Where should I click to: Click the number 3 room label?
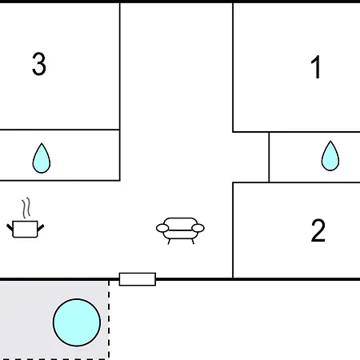pyautogui.click(x=39, y=64)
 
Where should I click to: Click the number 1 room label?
pyautogui.click(x=316, y=67)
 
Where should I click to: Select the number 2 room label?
pyautogui.click(x=318, y=230)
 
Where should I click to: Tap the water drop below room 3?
pyautogui.click(x=42, y=158)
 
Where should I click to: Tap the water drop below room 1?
pyautogui.click(x=330, y=156)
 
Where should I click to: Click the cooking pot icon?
pyautogui.click(x=25, y=229)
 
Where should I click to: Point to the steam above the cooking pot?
pyautogui.click(x=26, y=208)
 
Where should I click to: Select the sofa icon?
pyautogui.click(x=180, y=230)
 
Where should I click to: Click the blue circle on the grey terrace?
pyautogui.click(x=77, y=322)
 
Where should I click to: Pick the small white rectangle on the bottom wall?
pyautogui.click(x=138, y=279)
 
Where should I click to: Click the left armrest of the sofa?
pyautogui.click(x=162, y=228)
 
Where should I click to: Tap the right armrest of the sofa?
pyautogui.click(x=198, y=228)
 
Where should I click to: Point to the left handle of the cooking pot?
pyautogui.click(x=10, y=228)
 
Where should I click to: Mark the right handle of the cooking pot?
pyautogui.click(x=41, y=228)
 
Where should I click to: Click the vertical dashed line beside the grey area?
pyautogui.click(x=109, y=319)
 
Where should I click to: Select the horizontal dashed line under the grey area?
pyautogui.click(x=54, y=359)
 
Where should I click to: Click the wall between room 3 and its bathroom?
pyautogui.click(x=60, y=130)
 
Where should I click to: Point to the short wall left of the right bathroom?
pyautogui.click(x=269, y=157)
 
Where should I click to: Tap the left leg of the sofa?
pyautogui.click(x=169, y=242)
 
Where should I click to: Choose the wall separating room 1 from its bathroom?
pyautogui.click(x=296, y=132)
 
